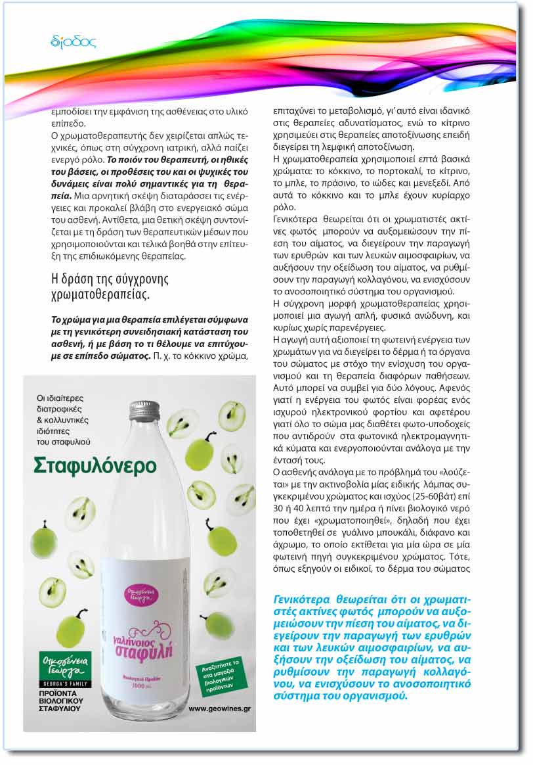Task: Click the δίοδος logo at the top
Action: [73, 42]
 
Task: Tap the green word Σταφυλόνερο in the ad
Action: [95, 465]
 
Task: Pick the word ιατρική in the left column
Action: [183, 151]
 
